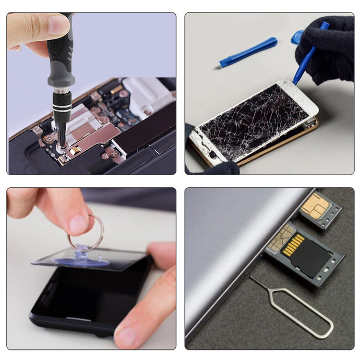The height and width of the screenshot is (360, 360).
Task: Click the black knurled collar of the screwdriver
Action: coord(62,103)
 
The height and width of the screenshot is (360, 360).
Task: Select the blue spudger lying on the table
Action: coord(248,52)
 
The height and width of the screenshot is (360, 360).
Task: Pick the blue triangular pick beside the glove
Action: coord(297,36)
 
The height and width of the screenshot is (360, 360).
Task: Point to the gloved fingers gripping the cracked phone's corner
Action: coord(216,166)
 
